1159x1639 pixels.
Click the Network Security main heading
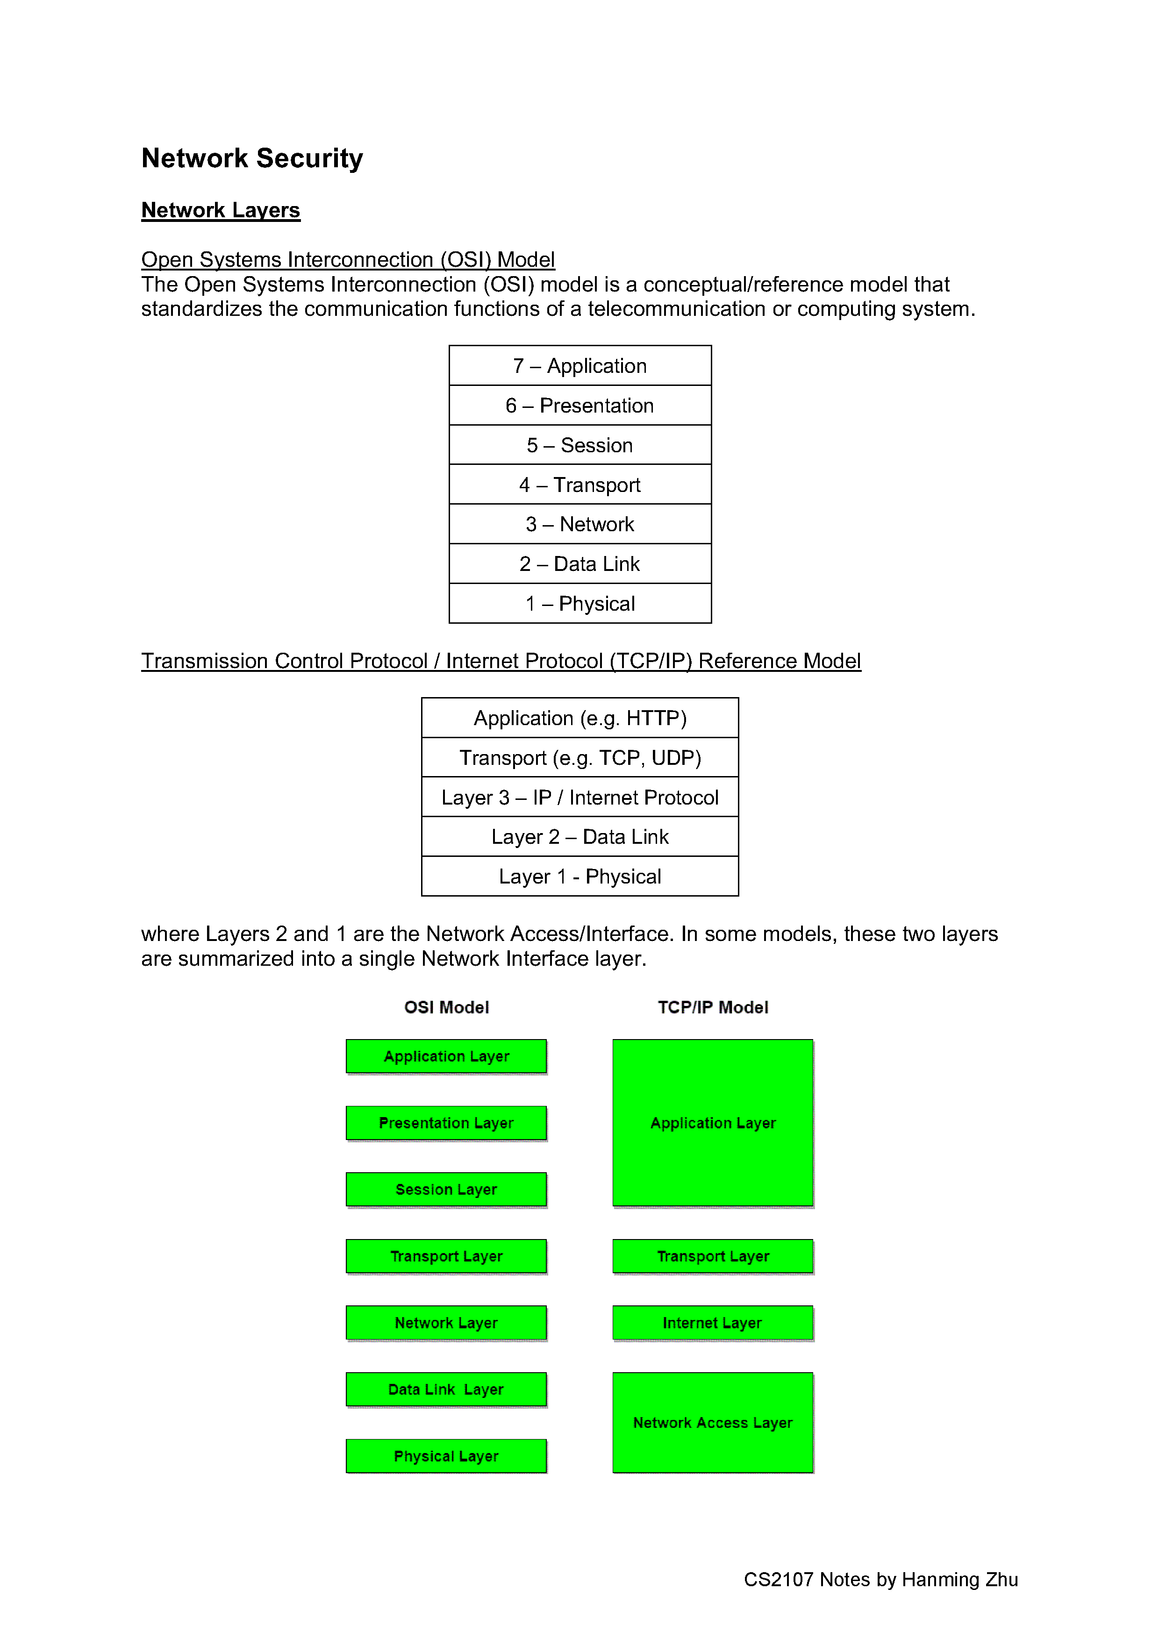[252, 158]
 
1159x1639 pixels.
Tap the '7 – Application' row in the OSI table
[580, 365]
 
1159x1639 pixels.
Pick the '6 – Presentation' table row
[580, 406]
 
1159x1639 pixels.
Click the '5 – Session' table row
[580, 445]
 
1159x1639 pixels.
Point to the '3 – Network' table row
[580, 524]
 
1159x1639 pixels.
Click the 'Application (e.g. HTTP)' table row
[580, 718]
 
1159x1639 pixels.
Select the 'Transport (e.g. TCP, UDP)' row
[580, 757]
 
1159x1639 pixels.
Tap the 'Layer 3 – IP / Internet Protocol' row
[580, 798]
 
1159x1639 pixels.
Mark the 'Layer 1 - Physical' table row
[580, 877]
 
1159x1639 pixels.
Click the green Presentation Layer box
[446, 1123]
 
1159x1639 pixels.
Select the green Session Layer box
[446, 1189]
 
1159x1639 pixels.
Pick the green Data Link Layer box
[446, 1389]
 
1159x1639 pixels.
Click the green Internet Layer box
[713, 1323]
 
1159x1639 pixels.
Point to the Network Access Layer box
[713, 1423]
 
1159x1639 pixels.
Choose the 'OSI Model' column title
[446, 1007]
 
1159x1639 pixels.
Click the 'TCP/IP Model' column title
[713, 1007]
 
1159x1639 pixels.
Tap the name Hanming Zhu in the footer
[960, 1580]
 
